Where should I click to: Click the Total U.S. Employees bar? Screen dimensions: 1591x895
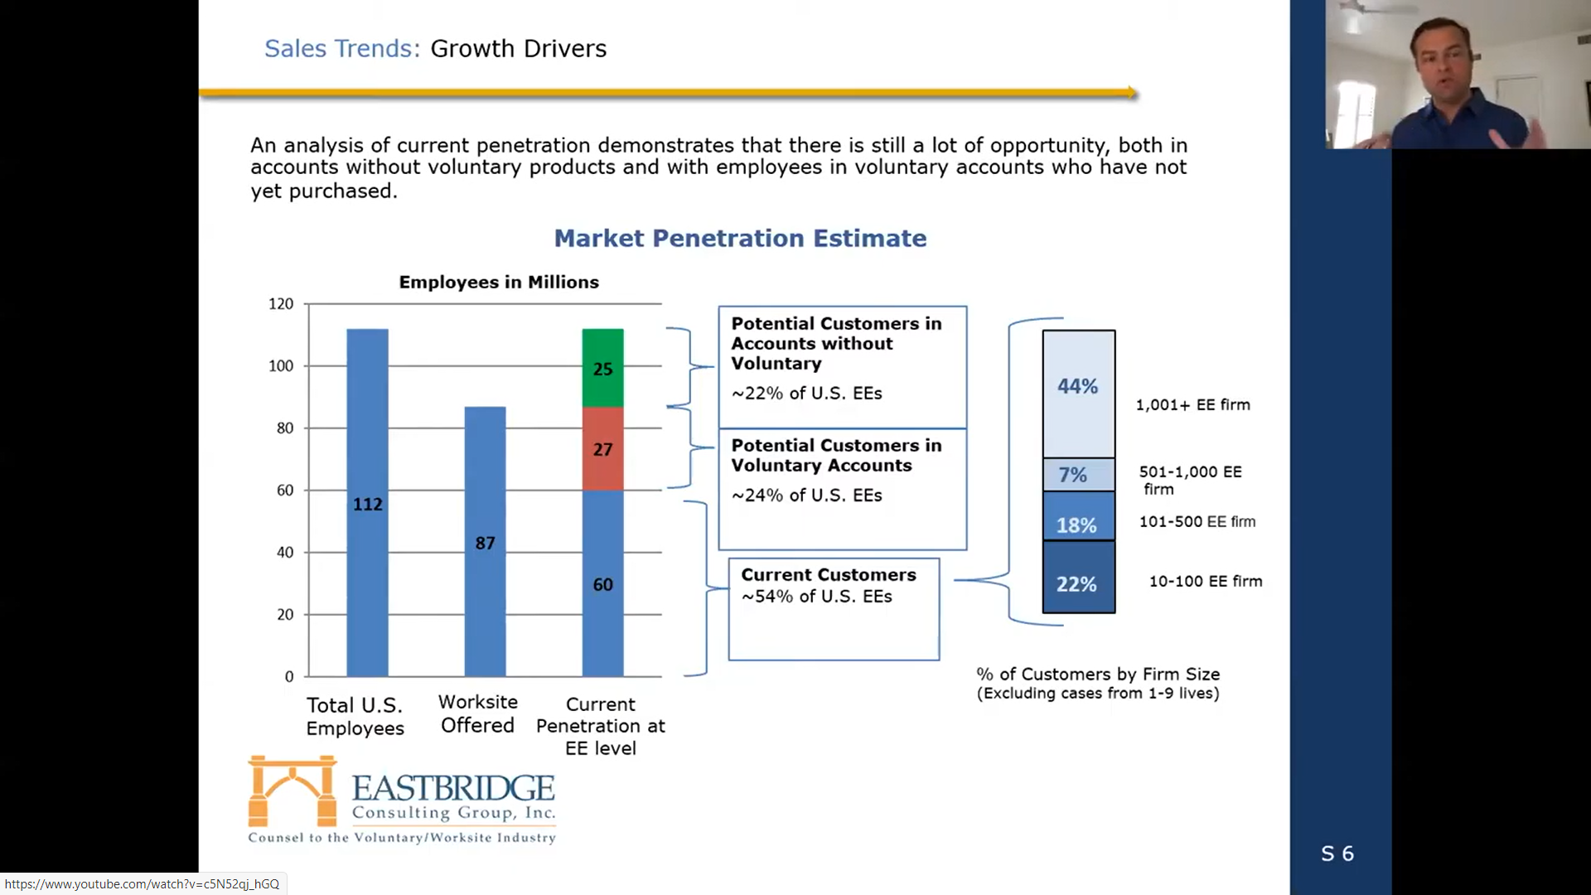[x=367, y=502]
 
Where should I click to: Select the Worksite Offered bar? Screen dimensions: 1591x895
[x=485, y=541]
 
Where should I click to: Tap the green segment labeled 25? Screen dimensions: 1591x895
[x=602, y=368]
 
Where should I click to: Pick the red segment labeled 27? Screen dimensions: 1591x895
[x=602, y=448]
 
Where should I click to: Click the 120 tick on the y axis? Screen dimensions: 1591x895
[x=281, y=304]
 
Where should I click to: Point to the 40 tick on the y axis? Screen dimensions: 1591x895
[x=285, y=552]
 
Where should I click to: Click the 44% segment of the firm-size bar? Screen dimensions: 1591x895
[x=1078, y=394]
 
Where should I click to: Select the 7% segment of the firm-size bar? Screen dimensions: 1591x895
[x=1078, y=475]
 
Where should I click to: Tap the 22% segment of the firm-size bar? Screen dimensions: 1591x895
[x=1078, y=577]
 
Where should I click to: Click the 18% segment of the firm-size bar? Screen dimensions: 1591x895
[x=1078, y=516]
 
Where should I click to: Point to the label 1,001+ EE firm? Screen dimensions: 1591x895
[x=1192, y=404]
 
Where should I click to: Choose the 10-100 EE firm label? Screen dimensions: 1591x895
[x=1206, y=581]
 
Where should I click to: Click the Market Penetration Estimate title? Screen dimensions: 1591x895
[x=740, y=238]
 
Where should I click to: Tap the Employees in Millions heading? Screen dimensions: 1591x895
[x=499, y=282]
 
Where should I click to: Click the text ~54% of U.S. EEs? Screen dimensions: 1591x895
[x=816, y=597]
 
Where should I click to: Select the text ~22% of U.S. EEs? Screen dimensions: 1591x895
[x=806, y=393]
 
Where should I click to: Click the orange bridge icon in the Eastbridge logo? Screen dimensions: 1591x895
[x=293, y=791]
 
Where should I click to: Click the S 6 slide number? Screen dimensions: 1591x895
[x=1337, y=854]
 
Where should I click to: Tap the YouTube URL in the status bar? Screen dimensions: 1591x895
[x=142, y=884]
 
